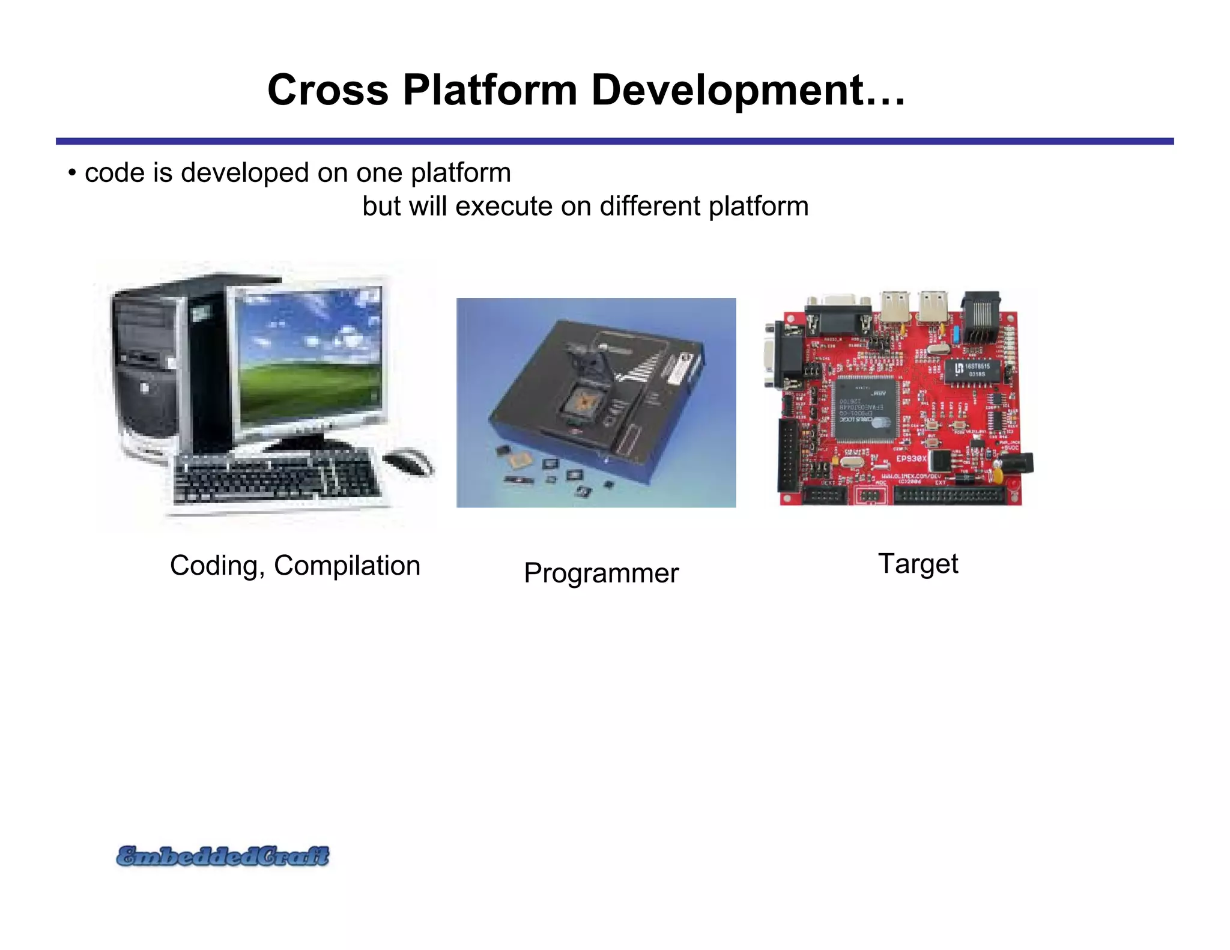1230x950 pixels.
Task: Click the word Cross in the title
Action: coord(327,90)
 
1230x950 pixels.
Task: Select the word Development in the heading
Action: coord(727,90)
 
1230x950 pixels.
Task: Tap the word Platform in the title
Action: coord(489,90)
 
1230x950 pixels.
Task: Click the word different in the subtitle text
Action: coord(650,207)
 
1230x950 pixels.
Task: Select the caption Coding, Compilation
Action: coord(295,566)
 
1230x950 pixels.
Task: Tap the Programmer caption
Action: coord(601,573)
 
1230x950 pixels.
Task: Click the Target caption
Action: coord(918,564)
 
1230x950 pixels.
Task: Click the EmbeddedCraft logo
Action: coord(223,856)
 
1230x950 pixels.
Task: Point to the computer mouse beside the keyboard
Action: coord(408,462)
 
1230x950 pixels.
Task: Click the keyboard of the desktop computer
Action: coord(276,479)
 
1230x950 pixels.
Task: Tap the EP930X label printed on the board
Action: coord(912,459)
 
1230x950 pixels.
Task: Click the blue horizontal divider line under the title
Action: coord(614,141)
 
